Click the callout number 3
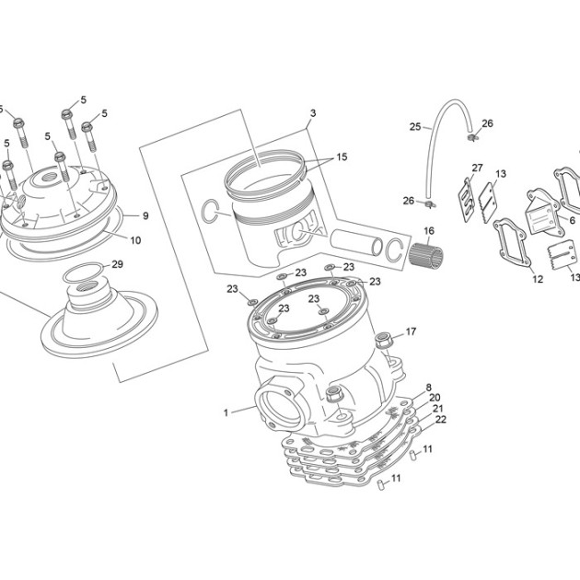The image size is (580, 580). pos(313,113)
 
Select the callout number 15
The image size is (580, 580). pos(342,157)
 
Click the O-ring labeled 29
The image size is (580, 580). pos(83,273)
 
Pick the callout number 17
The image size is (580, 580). pos(411,331)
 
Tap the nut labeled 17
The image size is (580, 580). pos(382,341)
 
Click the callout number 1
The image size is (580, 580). pos(226,412)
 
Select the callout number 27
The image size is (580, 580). pos(477,168)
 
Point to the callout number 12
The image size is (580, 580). pos(538,279)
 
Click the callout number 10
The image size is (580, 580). pos(135,240)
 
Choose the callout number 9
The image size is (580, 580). pos(145,215)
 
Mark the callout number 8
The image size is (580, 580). pos(429,388)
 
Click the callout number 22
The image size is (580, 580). pos(441,419)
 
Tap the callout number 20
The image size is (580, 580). pos(435,398)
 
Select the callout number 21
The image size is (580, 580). pos(438,409)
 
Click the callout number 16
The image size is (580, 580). pos(429,231)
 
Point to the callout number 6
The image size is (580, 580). pos(573,220)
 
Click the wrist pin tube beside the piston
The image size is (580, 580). pos(356,242)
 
